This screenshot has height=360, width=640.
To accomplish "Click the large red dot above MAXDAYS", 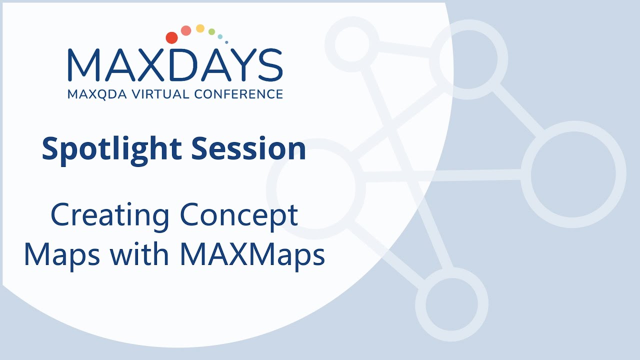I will coord(171,37).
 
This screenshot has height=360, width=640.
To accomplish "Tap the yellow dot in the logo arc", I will coord(200,28).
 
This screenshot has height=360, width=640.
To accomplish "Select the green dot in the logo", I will coord(211,32).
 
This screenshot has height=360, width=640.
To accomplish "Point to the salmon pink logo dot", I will coord(186,30).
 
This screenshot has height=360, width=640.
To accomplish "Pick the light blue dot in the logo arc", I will coord(220,36).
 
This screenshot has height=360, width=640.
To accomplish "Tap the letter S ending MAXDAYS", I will coord(268,65).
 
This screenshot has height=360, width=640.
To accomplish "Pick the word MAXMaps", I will coord(252,255).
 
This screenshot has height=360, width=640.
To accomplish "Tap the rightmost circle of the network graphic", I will coord(573,174).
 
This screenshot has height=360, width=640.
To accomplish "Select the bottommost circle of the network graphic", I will coord(451,304).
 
